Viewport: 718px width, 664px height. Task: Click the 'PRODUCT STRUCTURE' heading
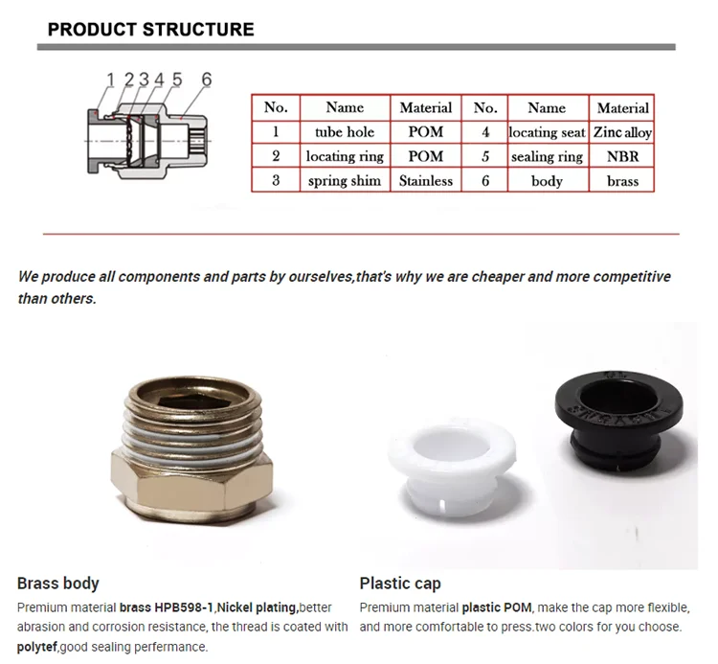pyautogui.click(x=151, y=29)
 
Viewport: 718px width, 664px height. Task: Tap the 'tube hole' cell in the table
pyautogui.click(x=345, y=132)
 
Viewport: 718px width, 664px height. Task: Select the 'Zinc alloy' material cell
pyautogui.click(x=622, y=132)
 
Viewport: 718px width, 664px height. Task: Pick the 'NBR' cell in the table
pyautogui.click(x=622, y=156)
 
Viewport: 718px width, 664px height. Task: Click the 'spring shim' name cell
pyautogui.click(x=345, y=180)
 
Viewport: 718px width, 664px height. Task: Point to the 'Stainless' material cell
pyautogui.click(x=426, y=180)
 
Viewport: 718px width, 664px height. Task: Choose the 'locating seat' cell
pyautogui.click(x=547, y=132)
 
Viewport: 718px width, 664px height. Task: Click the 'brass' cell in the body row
pyautogui.click(x=622, y=180)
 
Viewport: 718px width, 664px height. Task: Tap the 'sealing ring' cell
pyautogui.click(x=547, y=156)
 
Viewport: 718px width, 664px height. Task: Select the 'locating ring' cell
pyautogui.click(x=345, y=156)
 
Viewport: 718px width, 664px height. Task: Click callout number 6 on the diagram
pyautogui.click(x=206, y=80)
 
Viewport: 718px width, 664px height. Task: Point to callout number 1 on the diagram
pyautogui.click(x=111, y=80)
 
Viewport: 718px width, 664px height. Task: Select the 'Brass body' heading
pyautogui.click(x=58, y=583)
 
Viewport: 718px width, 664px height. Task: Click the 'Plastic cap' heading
pyautogui.click(x=400, y=583)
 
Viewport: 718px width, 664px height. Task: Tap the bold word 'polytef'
pyautogui.click(x=37, y=646)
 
